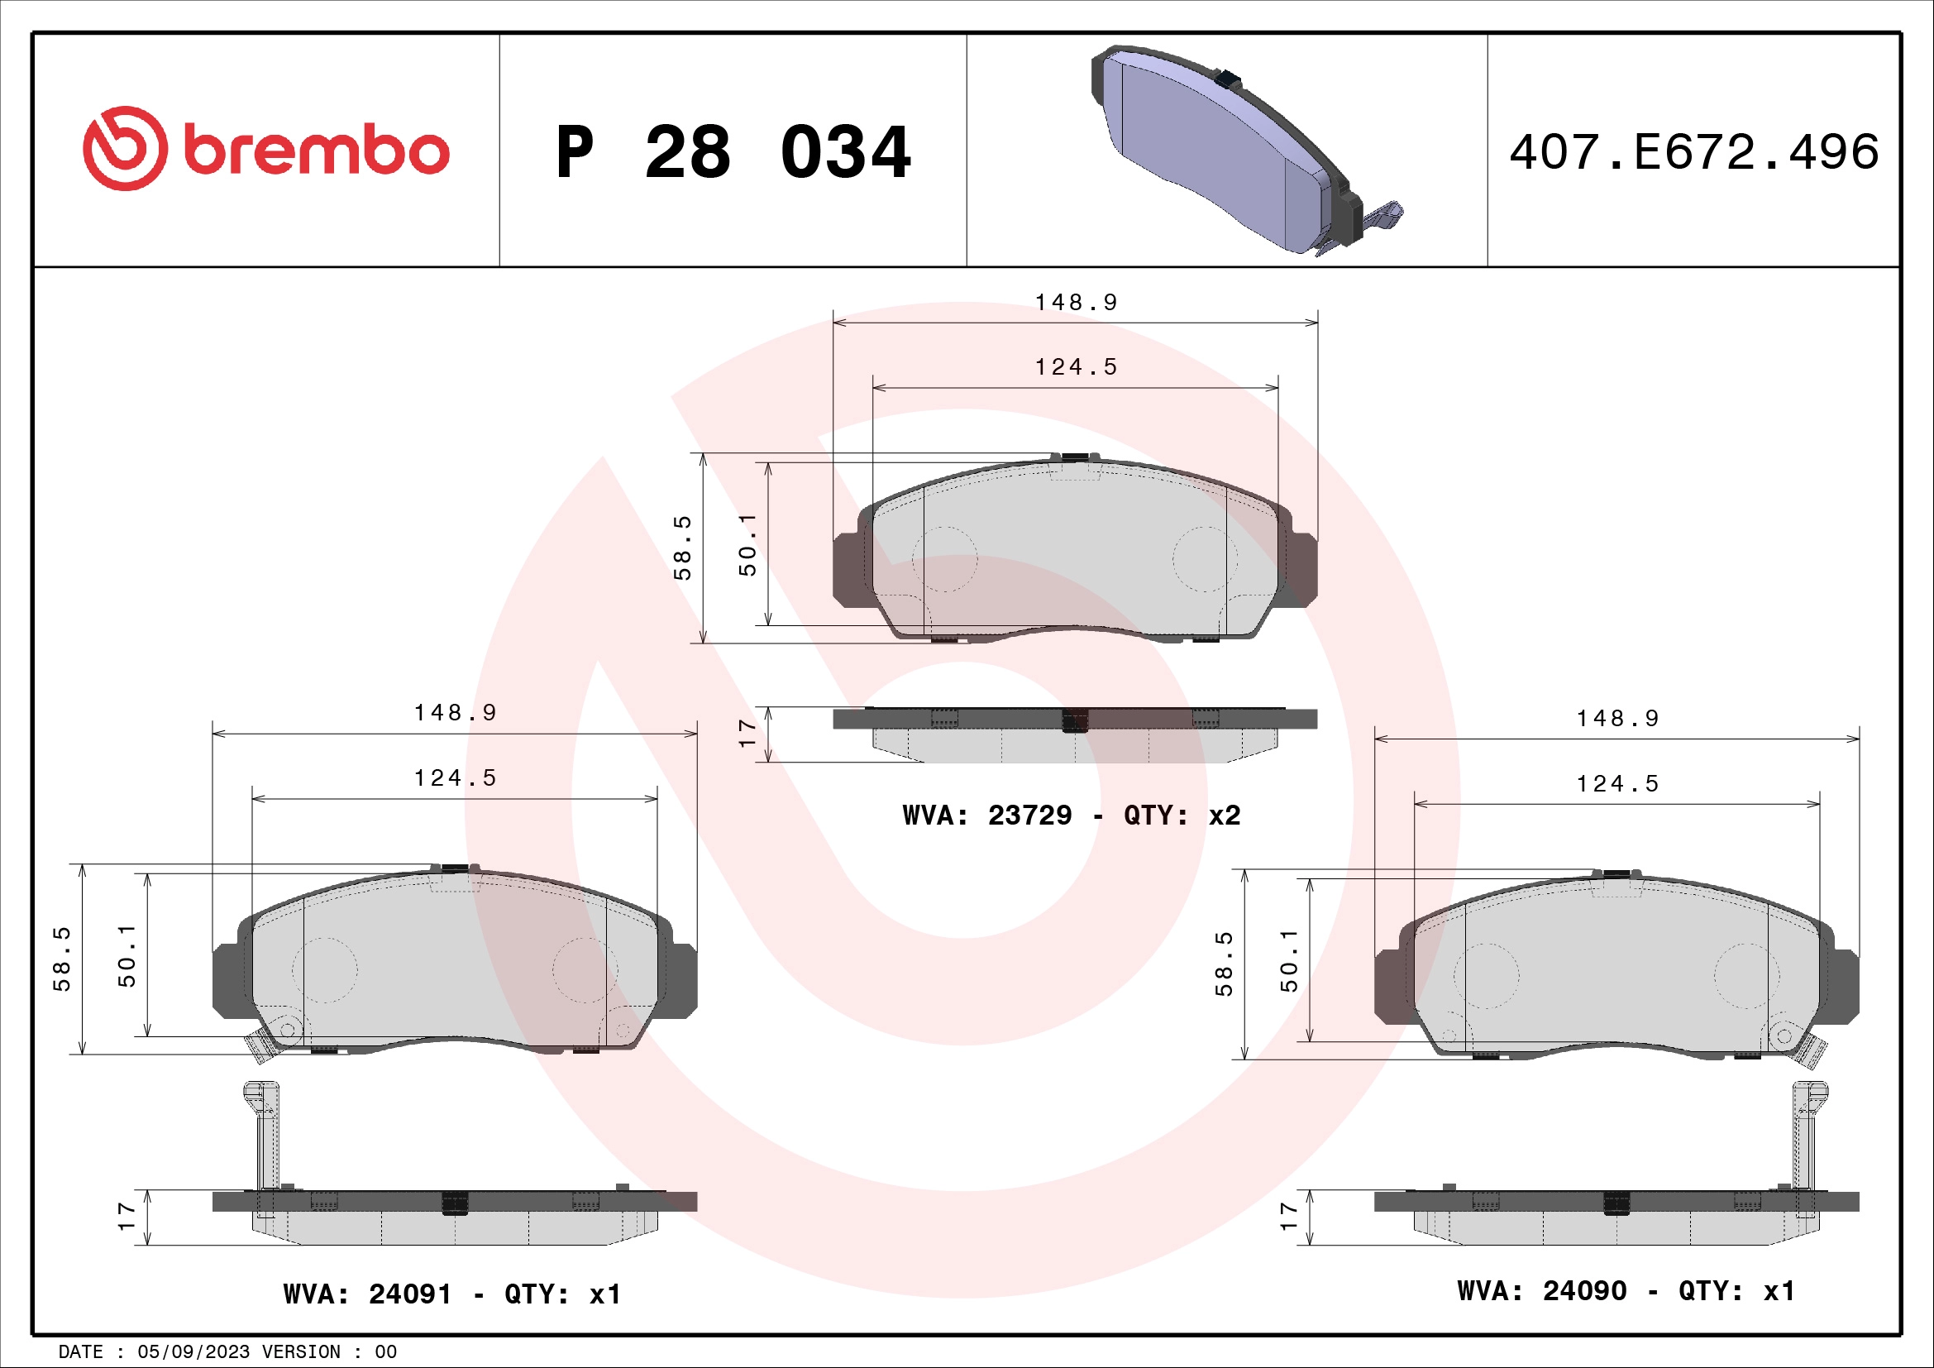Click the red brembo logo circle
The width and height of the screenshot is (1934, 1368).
[124, 148]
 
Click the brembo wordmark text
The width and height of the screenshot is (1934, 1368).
[317, 150]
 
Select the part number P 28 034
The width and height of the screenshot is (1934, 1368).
[733, 152]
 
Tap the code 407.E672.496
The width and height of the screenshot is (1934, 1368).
[1693, 152]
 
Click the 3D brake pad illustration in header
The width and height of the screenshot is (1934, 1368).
[1239, 150]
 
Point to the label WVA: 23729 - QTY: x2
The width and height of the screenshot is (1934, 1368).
[1071, 816]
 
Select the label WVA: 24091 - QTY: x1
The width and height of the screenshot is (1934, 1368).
[452, 1294]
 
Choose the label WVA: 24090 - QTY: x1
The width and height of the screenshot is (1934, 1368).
[1626, 1291]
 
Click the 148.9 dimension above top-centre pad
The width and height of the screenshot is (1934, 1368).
[1076, 303]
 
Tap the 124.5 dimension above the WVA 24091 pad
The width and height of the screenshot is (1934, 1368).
[455, 777]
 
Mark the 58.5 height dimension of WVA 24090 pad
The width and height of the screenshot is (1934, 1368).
[1224, 964]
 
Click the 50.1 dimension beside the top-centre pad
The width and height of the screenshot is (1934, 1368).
[747, 545]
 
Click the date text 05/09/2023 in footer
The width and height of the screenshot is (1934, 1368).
[193, 1352]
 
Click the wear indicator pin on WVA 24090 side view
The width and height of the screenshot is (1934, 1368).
[1805, 1137]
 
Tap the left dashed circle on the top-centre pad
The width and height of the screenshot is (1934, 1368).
[945, 559]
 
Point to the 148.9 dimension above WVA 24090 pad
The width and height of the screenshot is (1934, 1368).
[1617, 719]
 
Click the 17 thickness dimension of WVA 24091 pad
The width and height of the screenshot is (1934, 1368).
[127, 1216]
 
